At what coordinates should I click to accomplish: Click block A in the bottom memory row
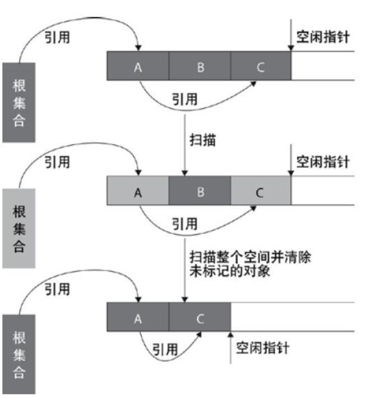(138, 318)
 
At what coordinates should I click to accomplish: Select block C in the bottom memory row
(200, 318)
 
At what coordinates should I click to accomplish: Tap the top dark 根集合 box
(18, 102)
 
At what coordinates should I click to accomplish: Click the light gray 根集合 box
(18, 228)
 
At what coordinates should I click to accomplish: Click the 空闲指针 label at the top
(323, 37)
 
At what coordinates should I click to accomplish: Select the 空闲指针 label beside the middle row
(323, 162)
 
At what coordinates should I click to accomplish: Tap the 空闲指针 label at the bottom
(263, 348)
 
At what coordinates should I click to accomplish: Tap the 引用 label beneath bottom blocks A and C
(165, 350)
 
